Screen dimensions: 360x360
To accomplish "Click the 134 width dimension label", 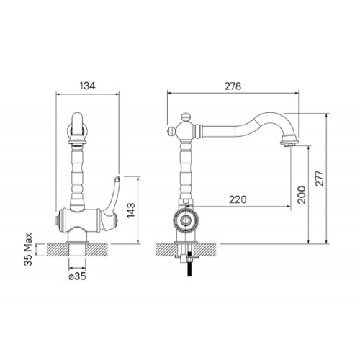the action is click(87, 86).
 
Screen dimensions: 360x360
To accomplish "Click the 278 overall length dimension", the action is click(233, 86).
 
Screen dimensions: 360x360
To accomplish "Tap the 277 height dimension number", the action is click(320, 178).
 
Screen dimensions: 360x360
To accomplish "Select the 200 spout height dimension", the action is click(302, 195).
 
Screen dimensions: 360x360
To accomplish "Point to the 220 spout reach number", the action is click(238, 199).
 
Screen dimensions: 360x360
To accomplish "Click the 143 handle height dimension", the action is click(131, 210).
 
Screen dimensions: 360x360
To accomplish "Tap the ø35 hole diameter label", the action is click(77, 276).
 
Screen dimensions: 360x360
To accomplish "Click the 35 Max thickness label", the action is click(28, 249).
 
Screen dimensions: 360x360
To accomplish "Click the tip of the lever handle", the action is click(117, 178).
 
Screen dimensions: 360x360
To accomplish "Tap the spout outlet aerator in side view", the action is click(289, 141).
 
